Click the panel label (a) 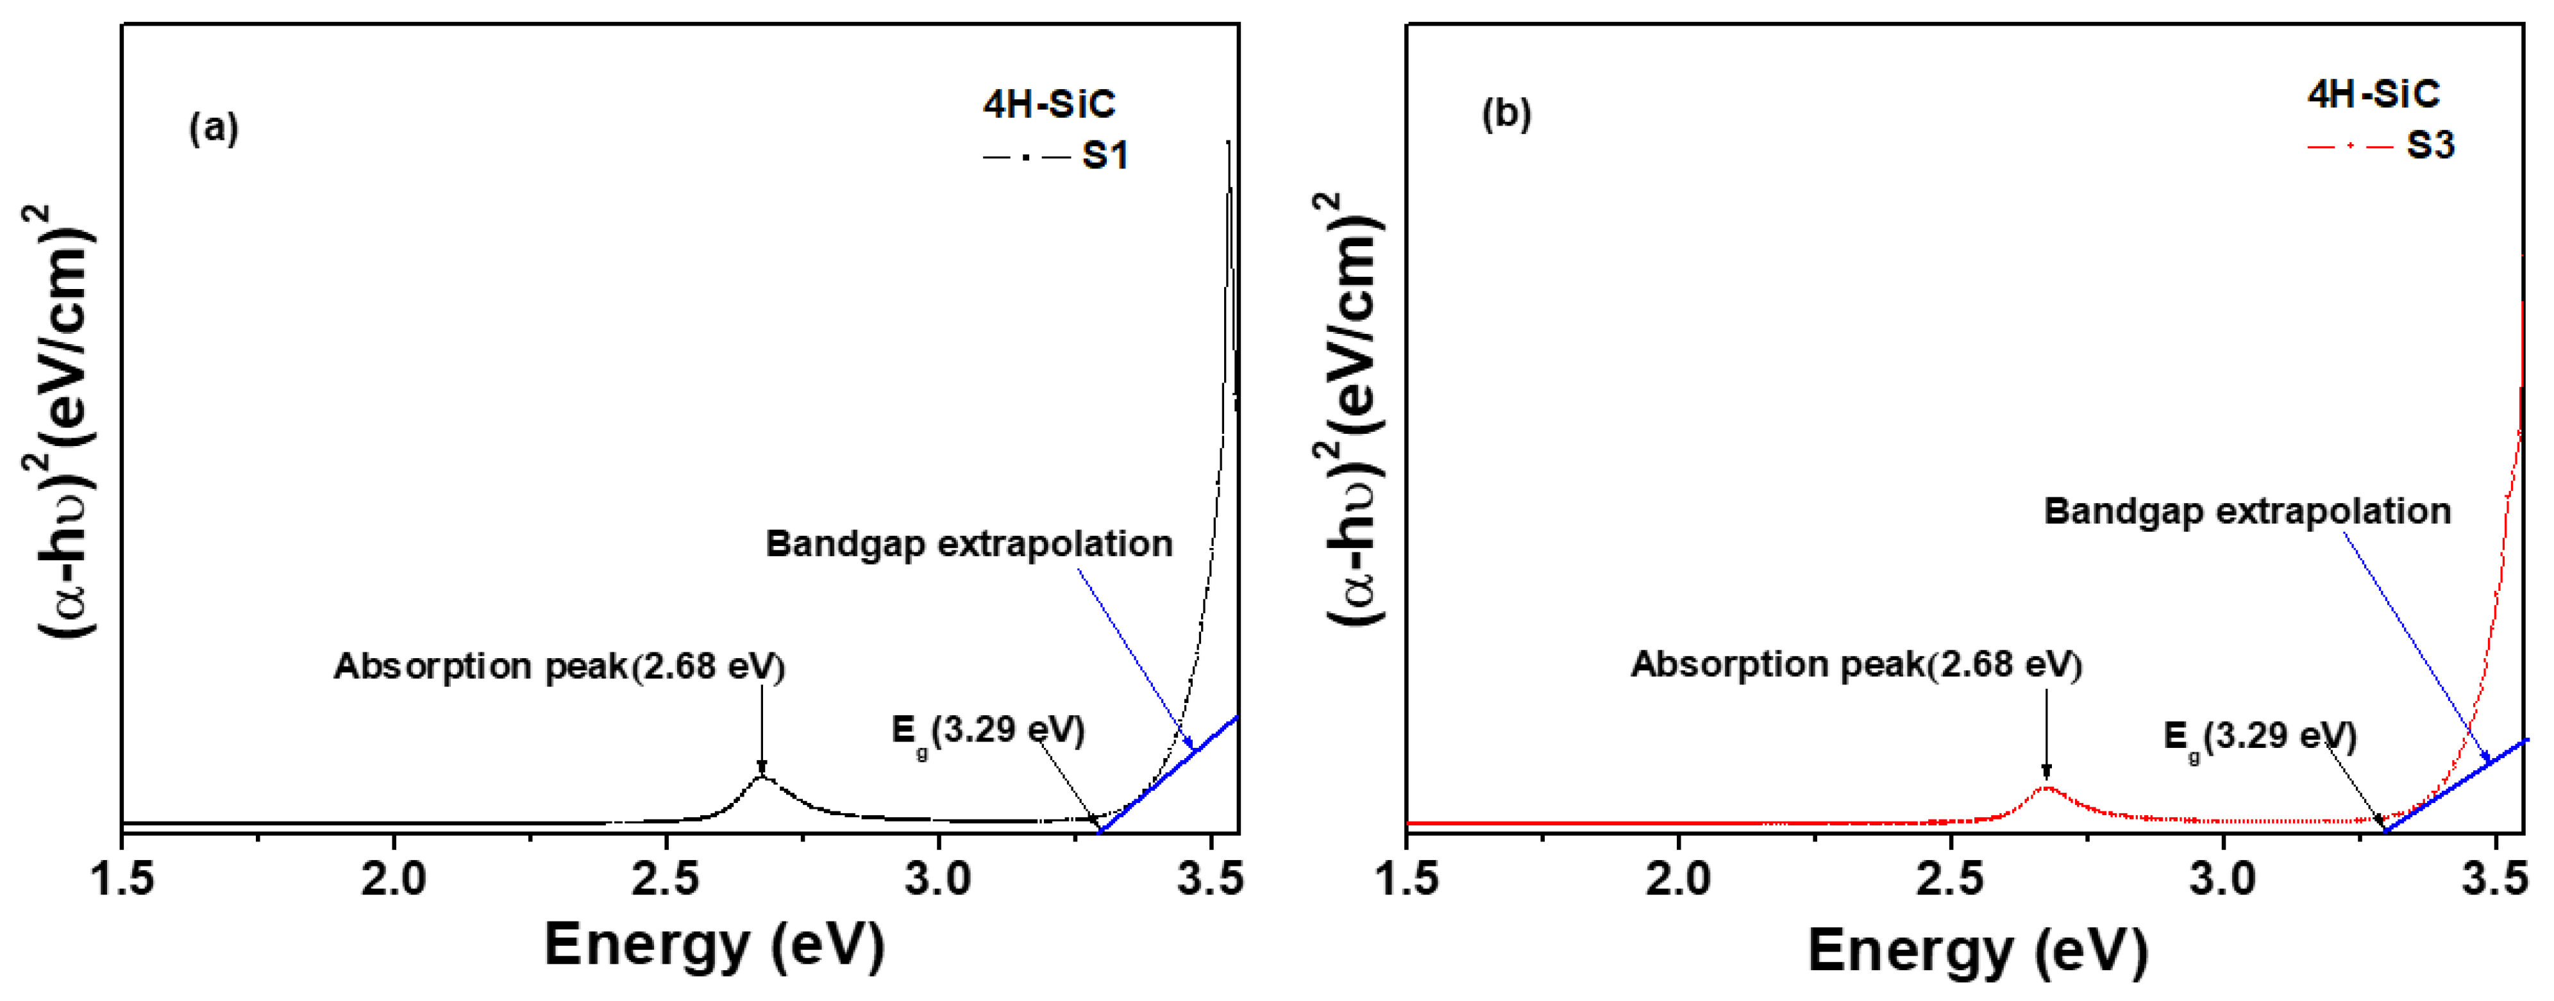[x=214, y=128]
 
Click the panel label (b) [x=1506, y=114]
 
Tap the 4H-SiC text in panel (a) [x=1049, y=104]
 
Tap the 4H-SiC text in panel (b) [x=2373, y=94]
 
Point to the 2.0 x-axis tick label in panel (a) [x=394, y=878]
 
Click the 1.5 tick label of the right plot [x=1408, y=878]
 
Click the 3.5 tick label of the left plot [x=1209, y=878]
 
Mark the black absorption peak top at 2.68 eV [x=761, y=777]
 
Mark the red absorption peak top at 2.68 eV [x=2046, y=788]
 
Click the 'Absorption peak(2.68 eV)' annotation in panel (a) [x=559, y=666]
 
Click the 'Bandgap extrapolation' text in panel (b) [x=2247, y=511]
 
